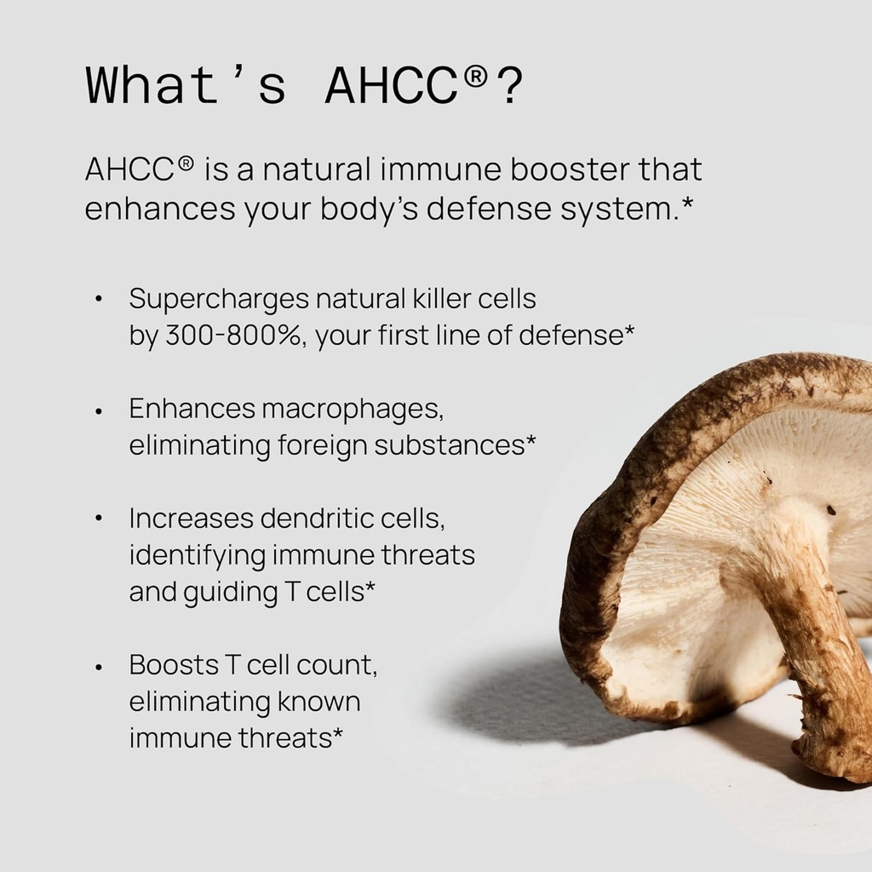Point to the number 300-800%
pos(232,336)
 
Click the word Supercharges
pos(219,299)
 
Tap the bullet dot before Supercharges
pos(100,300)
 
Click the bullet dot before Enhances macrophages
pos(100,410)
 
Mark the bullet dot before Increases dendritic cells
pos(100,519)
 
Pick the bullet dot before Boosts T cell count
pos(100,666)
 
